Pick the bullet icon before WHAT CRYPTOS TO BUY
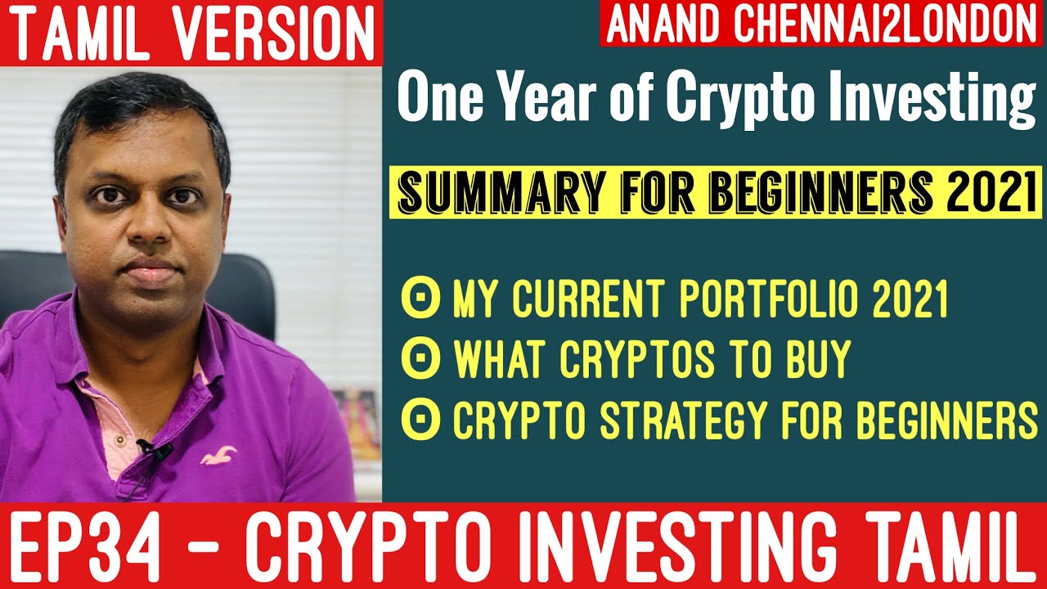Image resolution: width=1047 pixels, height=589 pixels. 420,359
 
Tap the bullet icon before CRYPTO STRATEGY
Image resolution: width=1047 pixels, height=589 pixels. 420,420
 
